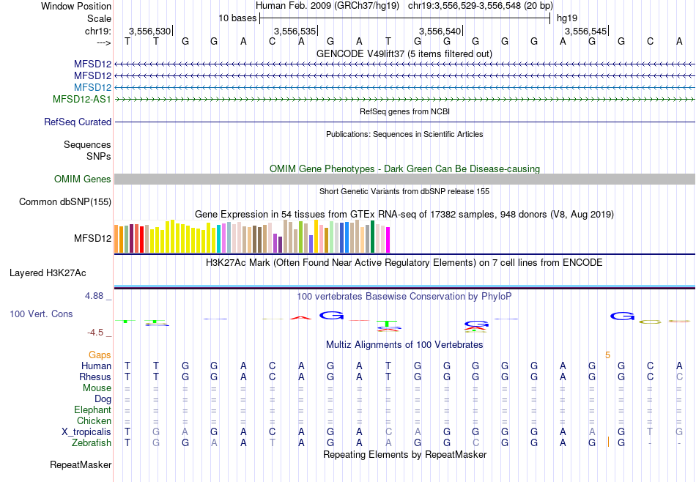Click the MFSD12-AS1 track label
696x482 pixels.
click(82, 99)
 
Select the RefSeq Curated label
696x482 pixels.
click(78, 122)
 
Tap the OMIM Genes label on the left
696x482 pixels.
click(83, 179)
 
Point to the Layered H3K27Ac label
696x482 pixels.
click(48, 273)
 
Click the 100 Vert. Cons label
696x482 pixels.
click(41, 314)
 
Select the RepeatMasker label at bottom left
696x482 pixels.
click(81, 465)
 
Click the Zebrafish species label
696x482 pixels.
click(92, 443)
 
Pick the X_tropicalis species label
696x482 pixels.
click(86, 432)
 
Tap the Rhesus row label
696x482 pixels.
click(95, 377)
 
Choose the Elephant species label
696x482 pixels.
click(92, 410)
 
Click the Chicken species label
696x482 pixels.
click(95, 421)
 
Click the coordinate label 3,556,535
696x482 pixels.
click(295, 31)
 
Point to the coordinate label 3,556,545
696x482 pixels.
click(585, 31)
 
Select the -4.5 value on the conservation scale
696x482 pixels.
click(97, 333)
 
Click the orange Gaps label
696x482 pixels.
click(100, 355)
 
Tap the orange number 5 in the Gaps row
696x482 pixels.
click(607, 355)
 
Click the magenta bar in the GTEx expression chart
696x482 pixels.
click(388, 240)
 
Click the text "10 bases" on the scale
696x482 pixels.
click(237, 18)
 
